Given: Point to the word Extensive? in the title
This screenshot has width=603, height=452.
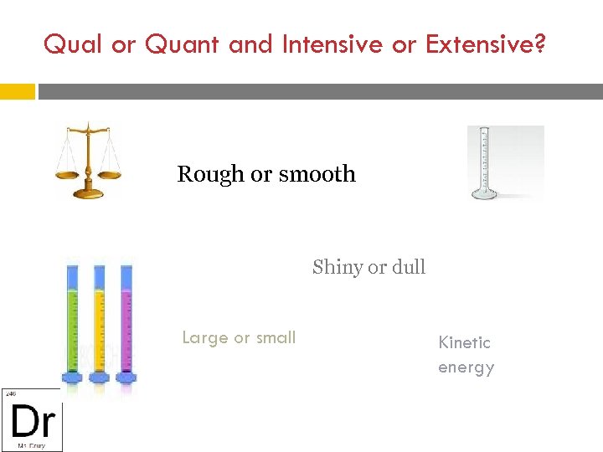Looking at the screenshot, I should pos(486,44).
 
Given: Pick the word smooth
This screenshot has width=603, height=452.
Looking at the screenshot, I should pos(317,174).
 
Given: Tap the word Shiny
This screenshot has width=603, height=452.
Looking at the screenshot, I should pos(338,268).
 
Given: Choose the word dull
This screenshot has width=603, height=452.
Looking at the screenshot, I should pos(408,267).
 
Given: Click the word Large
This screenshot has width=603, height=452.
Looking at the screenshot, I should pos(205,338).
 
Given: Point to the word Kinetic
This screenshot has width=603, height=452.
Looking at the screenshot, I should pos(465,342).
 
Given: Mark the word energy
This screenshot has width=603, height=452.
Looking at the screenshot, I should pos(466,367).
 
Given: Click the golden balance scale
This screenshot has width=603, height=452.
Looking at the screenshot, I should pos(87,161).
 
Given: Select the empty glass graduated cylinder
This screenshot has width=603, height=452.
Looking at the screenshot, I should pos(483,163).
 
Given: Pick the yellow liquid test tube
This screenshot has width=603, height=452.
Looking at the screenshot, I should pos(100,322).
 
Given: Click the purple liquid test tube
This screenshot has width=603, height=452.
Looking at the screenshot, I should pos(126,322).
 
